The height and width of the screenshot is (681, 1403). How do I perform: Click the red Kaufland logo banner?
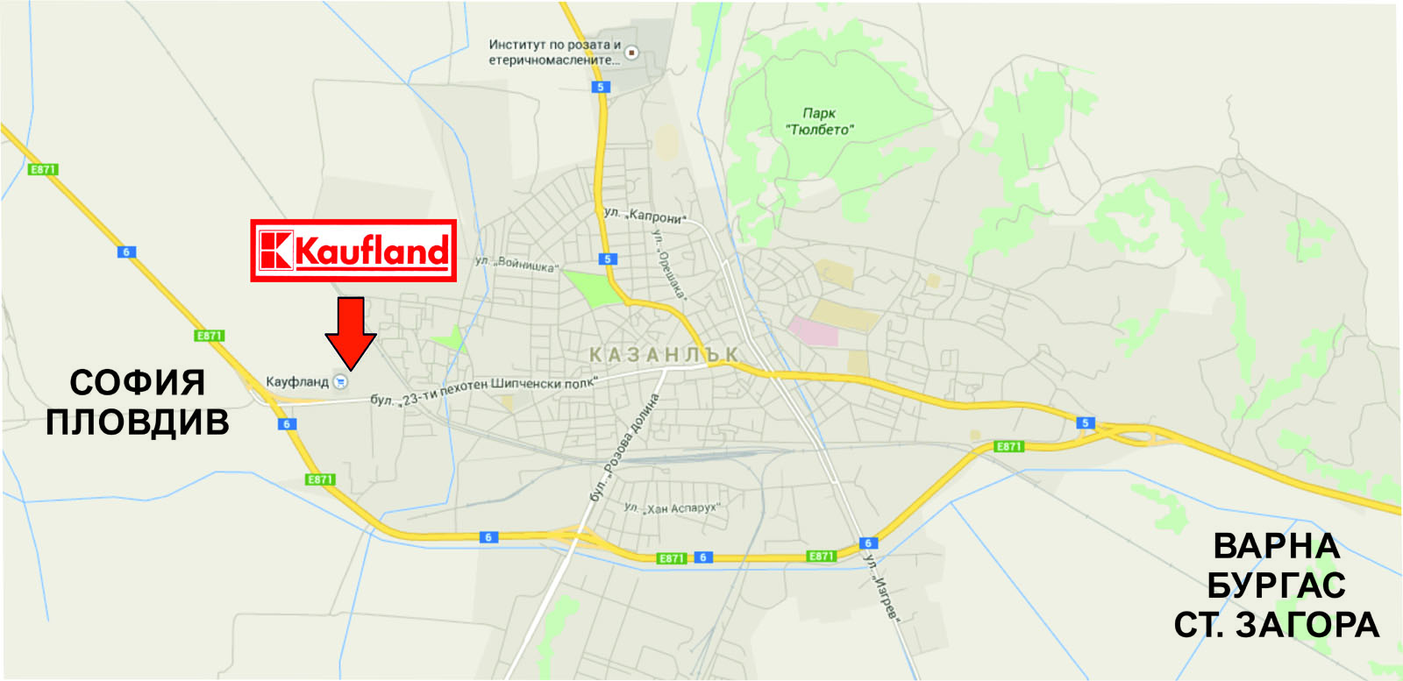(x=353, y=251)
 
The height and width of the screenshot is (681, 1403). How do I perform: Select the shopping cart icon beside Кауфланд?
(x=341, y=382)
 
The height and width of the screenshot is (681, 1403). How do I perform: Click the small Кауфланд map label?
(x=297, y=382)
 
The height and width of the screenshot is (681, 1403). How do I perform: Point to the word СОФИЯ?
(x=138, y=383)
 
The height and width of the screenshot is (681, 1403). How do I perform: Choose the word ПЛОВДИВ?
(x=138, y=422)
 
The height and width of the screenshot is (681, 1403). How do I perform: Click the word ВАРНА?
(x=1276, y=546)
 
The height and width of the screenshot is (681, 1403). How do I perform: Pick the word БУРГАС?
(x=1276, y=585)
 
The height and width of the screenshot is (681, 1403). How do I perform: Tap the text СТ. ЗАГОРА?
(x=1276, y=625)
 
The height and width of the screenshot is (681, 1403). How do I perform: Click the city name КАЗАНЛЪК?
(x=664, y=355)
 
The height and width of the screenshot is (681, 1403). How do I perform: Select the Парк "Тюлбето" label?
(x=819, y=122)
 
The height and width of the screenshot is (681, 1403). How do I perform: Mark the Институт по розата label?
(x=554, y=52)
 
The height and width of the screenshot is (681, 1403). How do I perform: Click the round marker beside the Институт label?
(x=631, y=53)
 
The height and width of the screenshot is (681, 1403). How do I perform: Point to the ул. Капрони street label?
(x=645, y=215)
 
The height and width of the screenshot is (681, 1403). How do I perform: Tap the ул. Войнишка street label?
(x=516, y=263)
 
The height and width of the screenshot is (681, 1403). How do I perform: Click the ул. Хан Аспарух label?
(x=672, y=508)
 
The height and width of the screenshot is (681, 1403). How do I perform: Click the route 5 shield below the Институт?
(x=601, y=87)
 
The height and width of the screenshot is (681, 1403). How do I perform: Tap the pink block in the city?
(x=812, y=331)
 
